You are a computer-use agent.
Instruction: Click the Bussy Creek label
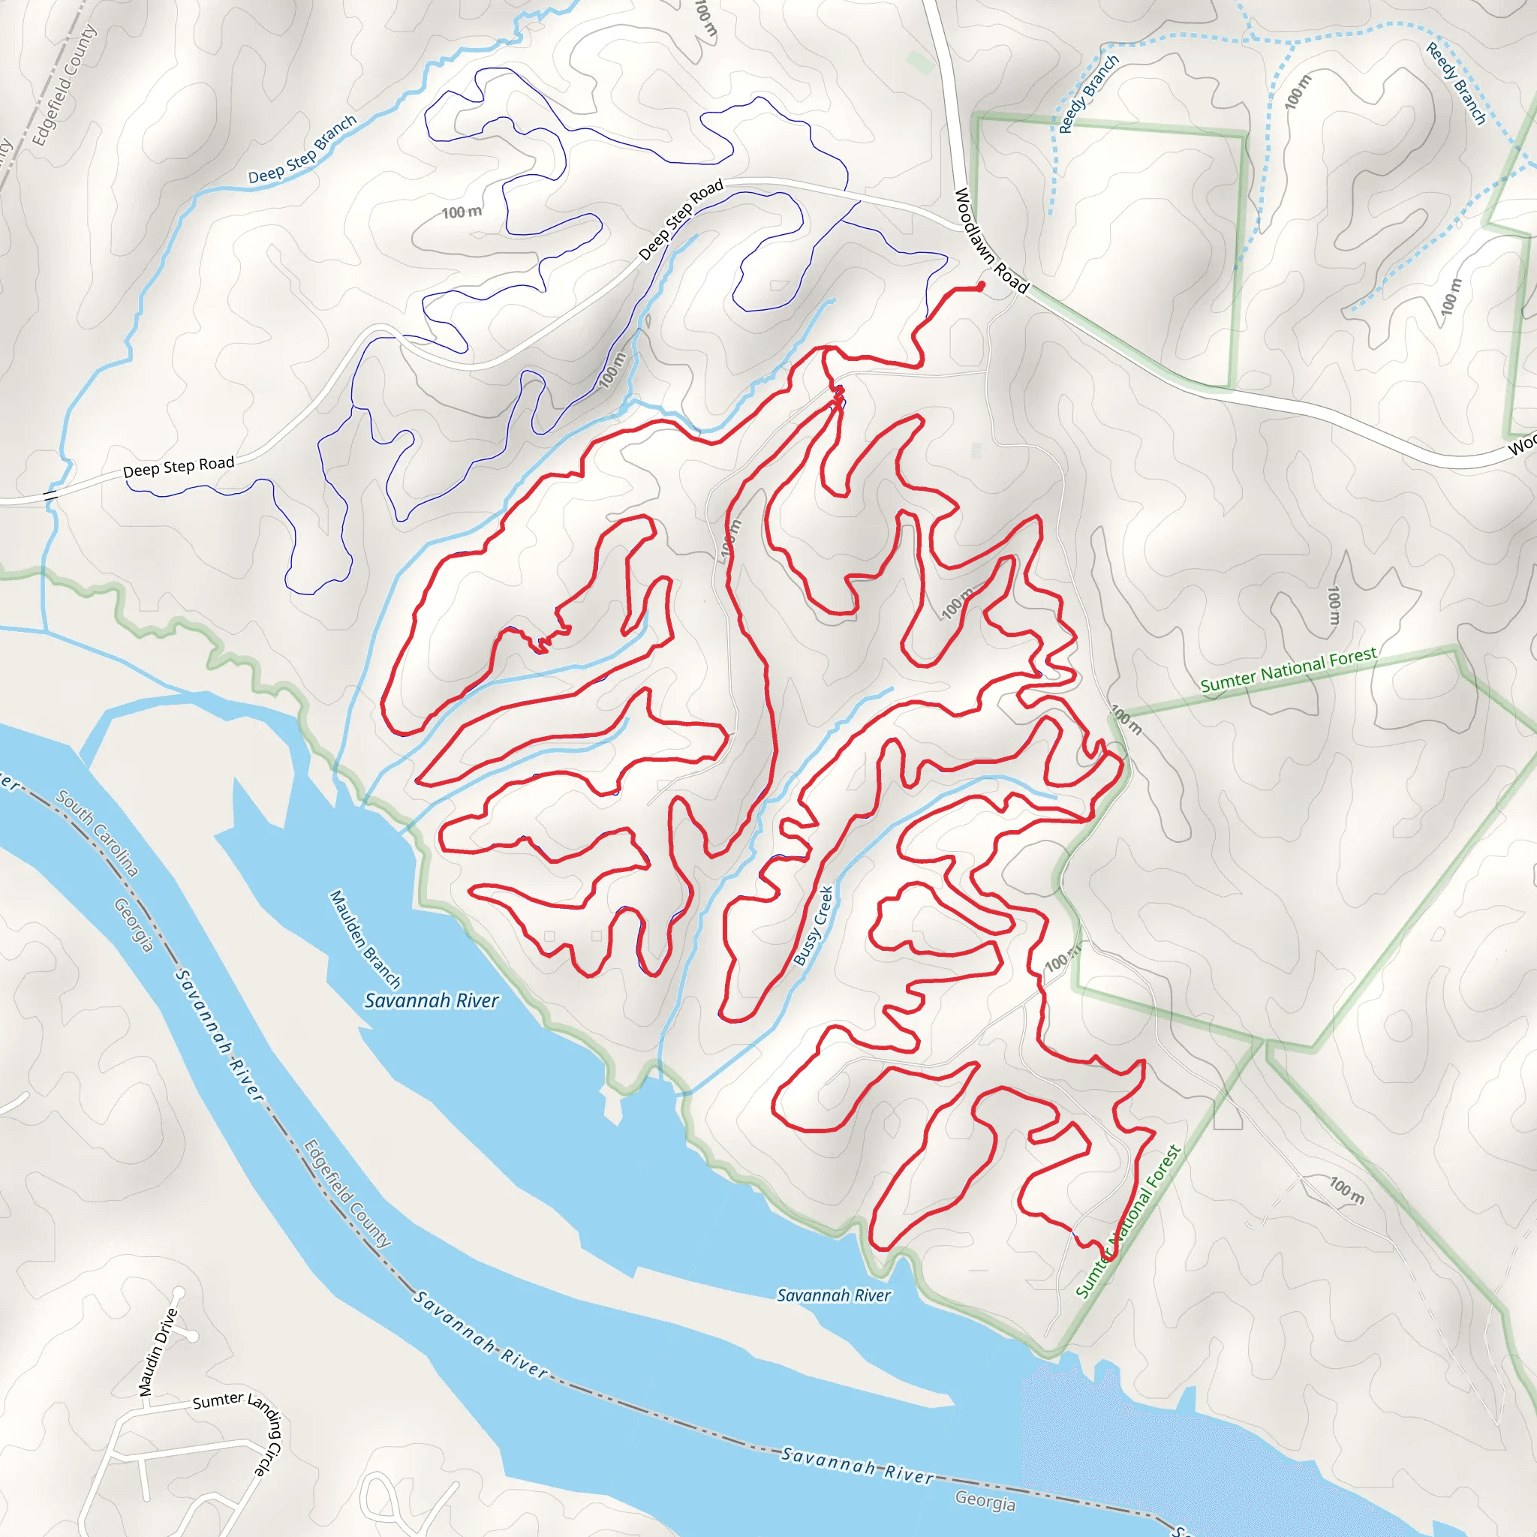point(813,926)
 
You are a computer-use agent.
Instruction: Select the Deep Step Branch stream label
point(302,149)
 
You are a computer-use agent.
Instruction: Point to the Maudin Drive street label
point(158,1352)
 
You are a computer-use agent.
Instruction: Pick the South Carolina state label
point(97,832)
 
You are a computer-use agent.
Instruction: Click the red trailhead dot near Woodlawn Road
point(981,286)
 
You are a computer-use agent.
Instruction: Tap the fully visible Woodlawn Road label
point(991,241)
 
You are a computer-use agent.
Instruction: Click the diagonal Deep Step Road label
point(681,219)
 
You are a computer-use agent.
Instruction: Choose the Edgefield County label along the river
point(347,1194)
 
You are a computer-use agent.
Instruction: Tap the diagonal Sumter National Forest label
point(1128,1222)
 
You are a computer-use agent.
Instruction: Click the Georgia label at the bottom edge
point(985,1500)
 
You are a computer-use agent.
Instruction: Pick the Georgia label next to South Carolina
point(133,925)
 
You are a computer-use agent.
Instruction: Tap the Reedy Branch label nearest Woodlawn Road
point(1088,94)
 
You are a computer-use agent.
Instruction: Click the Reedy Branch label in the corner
point(1455,83)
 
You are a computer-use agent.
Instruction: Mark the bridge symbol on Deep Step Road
point(51,495)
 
